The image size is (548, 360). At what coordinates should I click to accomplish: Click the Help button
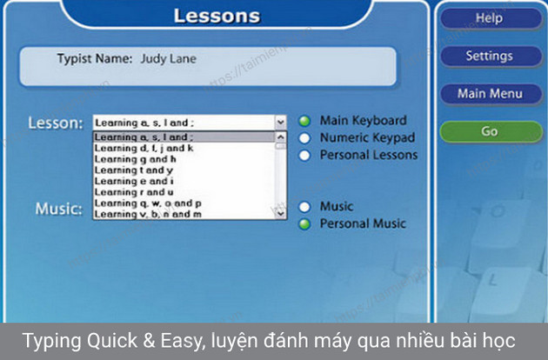tap(489, 18)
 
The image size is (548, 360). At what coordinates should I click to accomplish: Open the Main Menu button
tap(489, 93)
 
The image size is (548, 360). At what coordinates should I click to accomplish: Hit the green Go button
tap(489, 131)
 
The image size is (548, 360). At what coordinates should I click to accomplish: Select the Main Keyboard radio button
tap(305, 122)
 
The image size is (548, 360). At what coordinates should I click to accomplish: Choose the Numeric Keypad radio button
tap(305, 137)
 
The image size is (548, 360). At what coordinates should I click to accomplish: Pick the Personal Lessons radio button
tap(305, 155)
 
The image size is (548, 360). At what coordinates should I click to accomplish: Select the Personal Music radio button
tap(305, 223)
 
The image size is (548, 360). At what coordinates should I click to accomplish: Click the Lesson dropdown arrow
tap(280, 123)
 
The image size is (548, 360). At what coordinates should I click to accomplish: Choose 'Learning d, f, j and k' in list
tap(144, 148)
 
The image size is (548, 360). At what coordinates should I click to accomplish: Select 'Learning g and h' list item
tap(136, 159)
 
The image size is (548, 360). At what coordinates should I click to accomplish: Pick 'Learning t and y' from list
tap(135, 170)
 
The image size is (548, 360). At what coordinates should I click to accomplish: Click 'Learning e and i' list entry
tap(134, 181)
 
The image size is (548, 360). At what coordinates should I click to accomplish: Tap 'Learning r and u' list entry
tap(134, 191)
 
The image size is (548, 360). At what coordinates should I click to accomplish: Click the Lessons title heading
tap(217, 16)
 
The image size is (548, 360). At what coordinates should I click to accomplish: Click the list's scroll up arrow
tap(280, 137)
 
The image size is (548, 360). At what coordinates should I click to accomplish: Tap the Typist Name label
tap(94, 59)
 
